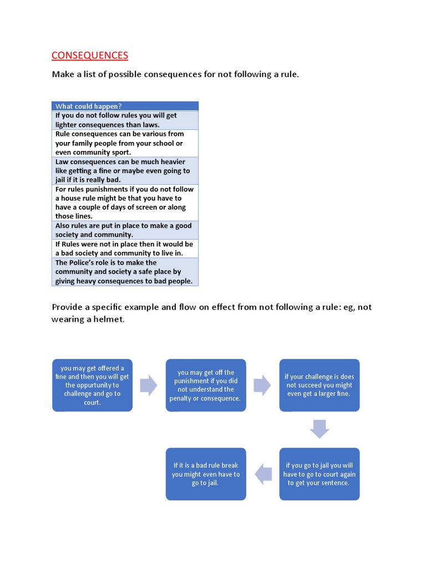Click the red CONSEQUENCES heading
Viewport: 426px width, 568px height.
pos(90,55)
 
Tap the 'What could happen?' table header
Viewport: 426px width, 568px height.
pos(125,106)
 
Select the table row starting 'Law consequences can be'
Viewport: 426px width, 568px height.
pos(125,171)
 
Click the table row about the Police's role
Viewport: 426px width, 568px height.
pos(125,272)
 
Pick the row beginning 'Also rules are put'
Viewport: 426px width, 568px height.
pos(125,230)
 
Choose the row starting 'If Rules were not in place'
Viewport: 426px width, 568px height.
pos(125,248)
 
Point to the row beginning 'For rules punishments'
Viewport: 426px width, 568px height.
pos(125,202)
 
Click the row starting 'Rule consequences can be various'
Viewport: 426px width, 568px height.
pos(125,143)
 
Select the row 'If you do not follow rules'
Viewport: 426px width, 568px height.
pos(125,120)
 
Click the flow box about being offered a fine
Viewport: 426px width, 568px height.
pos(92,385)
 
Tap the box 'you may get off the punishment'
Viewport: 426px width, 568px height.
pos(206,385)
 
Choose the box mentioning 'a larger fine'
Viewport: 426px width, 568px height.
pos(319,385)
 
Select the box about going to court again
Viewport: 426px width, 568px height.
pos(319,474)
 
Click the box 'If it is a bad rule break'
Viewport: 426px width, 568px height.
pos(206,474)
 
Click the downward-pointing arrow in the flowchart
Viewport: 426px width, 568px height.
pos(319,429)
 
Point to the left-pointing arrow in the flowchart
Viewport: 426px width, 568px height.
pos(263,474)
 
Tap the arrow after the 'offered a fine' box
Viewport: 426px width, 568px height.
pos(149,385)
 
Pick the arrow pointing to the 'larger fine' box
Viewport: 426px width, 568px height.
pos(262,385)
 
